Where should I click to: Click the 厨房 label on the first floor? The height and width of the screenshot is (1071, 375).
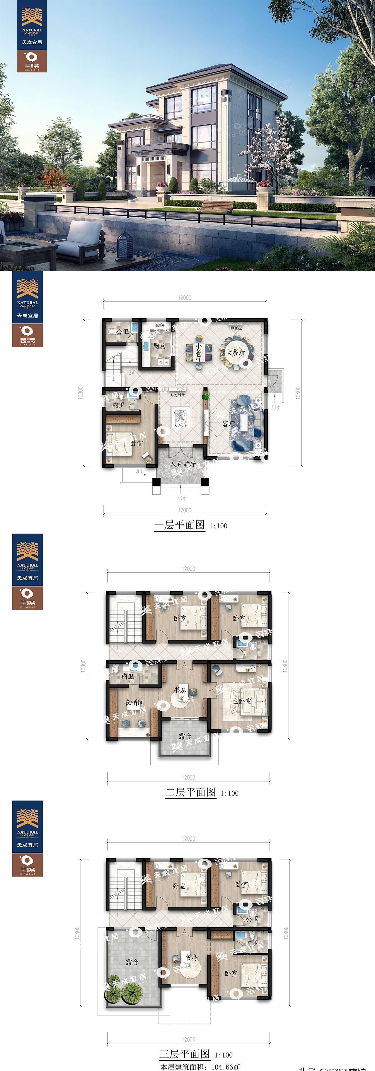159,346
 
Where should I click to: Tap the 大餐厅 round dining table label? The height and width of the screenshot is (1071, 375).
236,353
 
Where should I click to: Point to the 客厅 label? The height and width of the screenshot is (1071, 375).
229,424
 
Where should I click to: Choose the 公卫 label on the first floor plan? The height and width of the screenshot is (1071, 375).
122,331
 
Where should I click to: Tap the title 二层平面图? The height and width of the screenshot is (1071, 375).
191,792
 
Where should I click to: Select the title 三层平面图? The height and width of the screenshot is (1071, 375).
185,1054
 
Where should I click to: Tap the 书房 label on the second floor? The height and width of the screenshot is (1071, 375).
180,689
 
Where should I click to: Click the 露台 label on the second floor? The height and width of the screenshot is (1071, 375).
185,736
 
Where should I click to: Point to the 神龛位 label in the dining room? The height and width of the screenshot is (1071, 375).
236,328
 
